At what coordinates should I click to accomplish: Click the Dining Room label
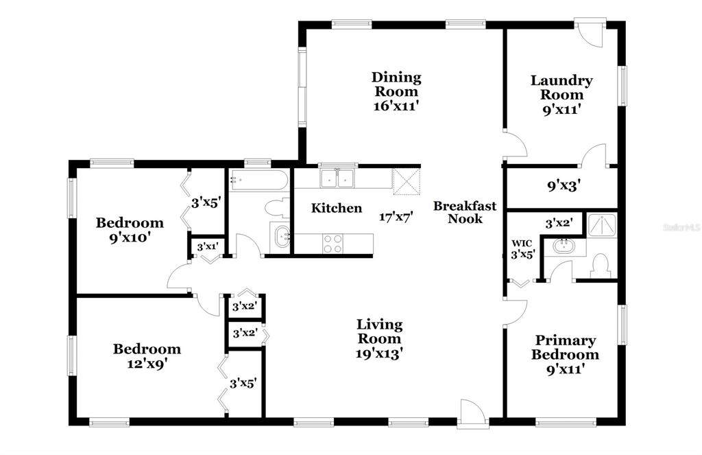pyautogui.click(x=396, y=84)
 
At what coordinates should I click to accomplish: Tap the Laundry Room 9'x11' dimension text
pyautogui.click(x=561, y=109)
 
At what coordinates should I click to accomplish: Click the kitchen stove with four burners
pyautogui.click(x=332, y=244)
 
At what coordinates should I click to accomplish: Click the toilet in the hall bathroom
pyautogui.click(x=277, y=209)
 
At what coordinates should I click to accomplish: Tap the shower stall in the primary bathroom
pyautogui.click(x=602, y=225)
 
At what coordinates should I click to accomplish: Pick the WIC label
pyautogui.click(x=522, y=244)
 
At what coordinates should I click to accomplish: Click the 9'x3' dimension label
pyautogui.click(x=564, y=185)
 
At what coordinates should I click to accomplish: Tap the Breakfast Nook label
pyautogui.click(x=465, y=212)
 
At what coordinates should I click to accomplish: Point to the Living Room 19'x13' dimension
pyautogui.click(x=379, y=353)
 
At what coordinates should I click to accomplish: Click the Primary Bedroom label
pyautogui.click(x=565, y=347)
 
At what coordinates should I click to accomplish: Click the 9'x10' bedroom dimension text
pyautogui.click(x=129, y=237)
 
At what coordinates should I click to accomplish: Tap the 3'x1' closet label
pyautogui.click(x=207, y=246)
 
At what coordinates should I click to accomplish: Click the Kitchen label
pyautogui.click(x=336, y=208)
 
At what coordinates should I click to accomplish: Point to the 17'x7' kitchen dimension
pyautogui.click(x=396, y=218)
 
